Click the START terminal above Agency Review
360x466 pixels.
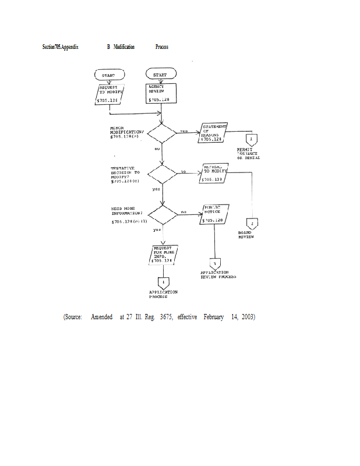(x=161, y=75)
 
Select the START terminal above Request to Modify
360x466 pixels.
(x=108, y=75)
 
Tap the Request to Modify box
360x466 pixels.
(x=110, y=94)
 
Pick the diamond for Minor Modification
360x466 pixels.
(x=162, y=133)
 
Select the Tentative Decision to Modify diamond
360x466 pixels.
(x=162, y=173)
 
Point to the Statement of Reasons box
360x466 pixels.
(x=214, y=133)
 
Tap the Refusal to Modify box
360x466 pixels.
(x=213, y=173)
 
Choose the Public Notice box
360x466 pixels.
(x=215, y=214)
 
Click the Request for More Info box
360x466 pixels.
(x=164, y=254)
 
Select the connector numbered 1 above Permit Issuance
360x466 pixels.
(x=251, y=140)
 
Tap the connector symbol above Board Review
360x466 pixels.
(x=253, y=224)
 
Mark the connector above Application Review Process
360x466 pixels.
(x=214, y=263)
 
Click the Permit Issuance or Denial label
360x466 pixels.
(x=248, y=154)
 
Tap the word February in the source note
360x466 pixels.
(x=214, y=317)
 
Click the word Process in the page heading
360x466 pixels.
(x=162, y=47)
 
